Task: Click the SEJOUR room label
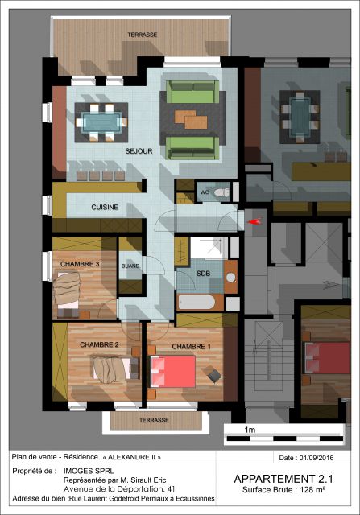click(139, 151)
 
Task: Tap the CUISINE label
click(105, 208)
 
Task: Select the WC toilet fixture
click(221, 192)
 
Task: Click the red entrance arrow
click(254, 222)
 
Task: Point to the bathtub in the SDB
click(197, 302)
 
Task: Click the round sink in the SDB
click(231, 278)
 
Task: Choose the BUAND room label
click(130, 266)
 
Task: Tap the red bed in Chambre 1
click(173, 372)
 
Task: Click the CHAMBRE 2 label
click(99, 345)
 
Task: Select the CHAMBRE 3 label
click(80, 264)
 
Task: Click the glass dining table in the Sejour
click(101, 122)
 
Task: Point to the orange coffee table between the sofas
click(191, 120)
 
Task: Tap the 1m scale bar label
click(250, 430)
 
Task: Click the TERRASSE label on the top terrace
click(143, 35)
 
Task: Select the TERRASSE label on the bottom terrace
click(154, 420)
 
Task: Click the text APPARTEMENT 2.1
click(283, 479)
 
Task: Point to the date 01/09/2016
click(317, 458)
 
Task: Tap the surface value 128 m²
click(312, 490)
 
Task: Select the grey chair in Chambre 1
click(213, 375)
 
